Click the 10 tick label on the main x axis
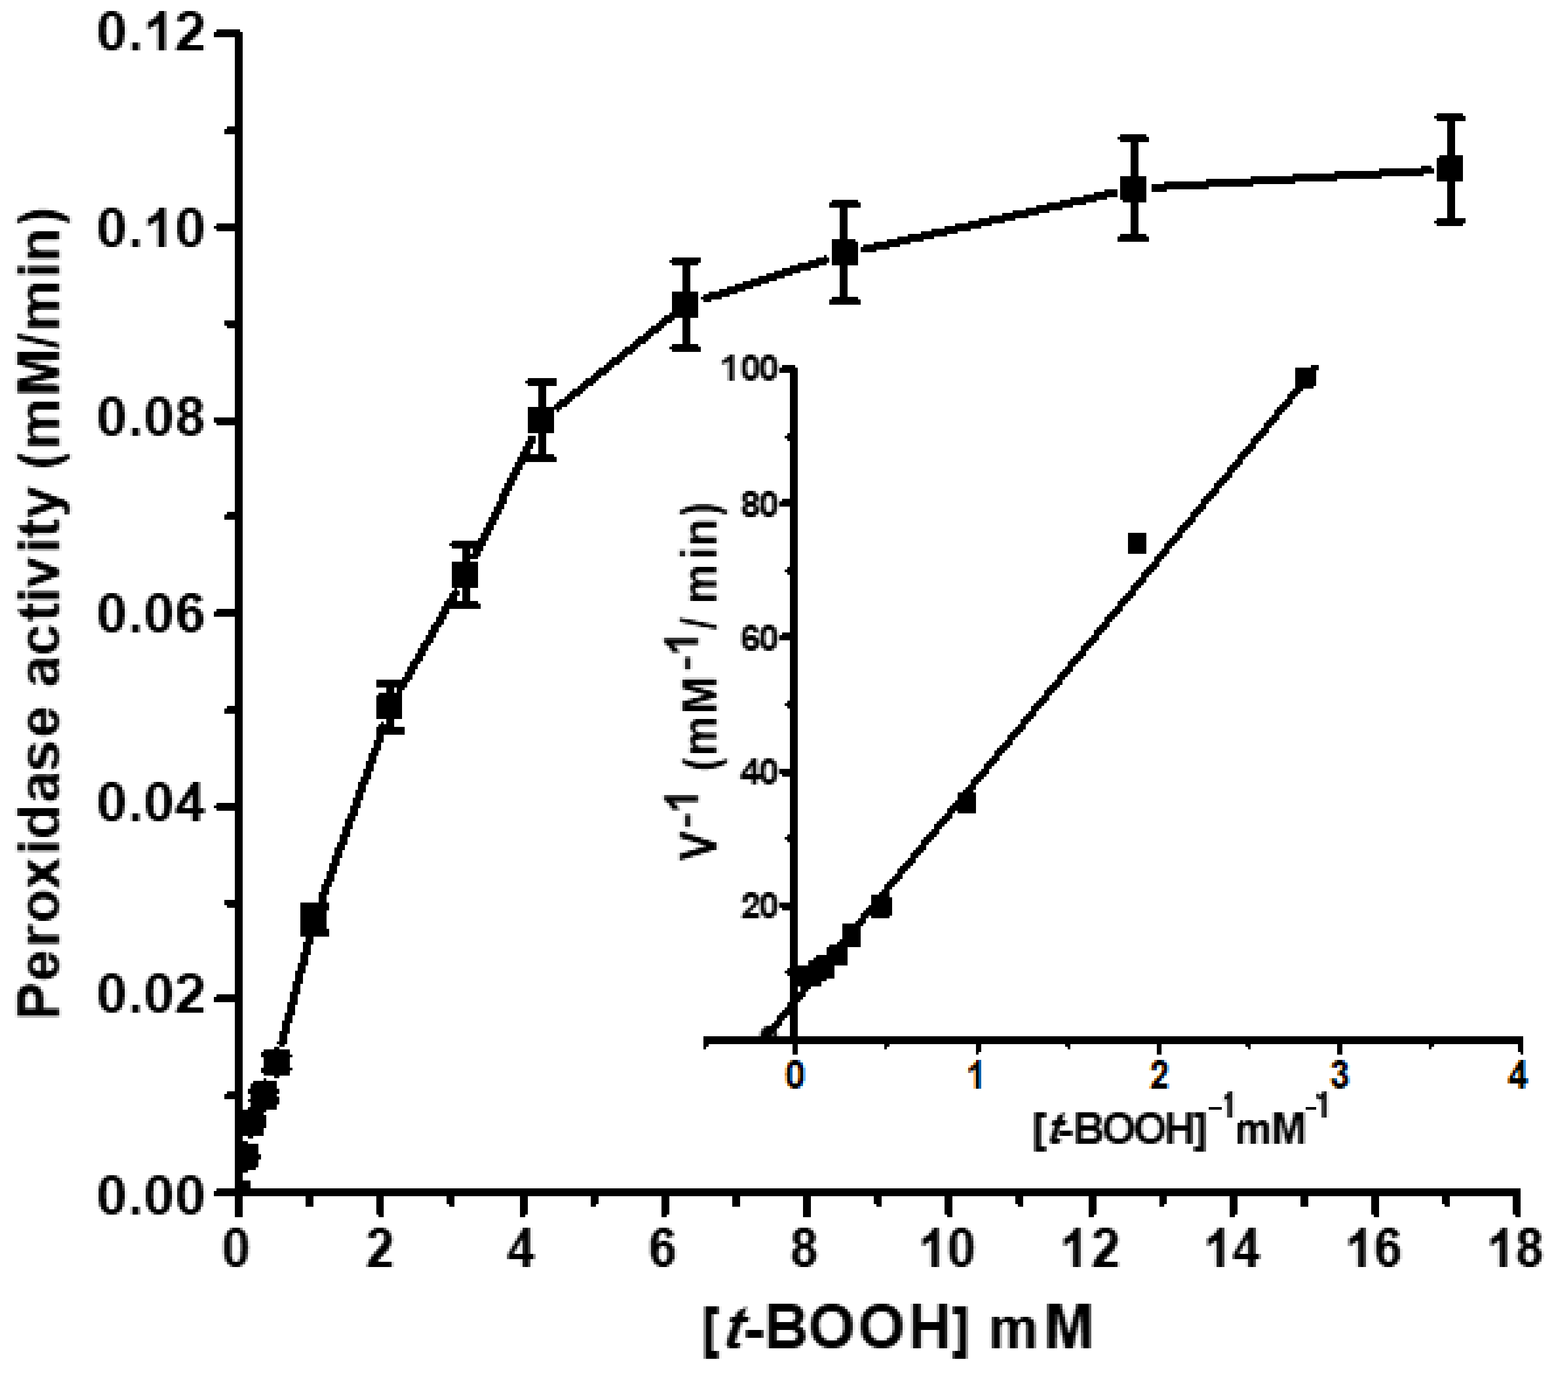pyautogui.click(x=948, y=1252)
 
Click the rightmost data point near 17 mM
pyautogui.click(x=1450, y=169)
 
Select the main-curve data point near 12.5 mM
pyautogui.click(x=1133, y=188)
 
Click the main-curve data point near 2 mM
pyautogui.click(x=389, y=706)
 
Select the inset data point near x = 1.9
pyautogui.click(x=1137, y=543)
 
